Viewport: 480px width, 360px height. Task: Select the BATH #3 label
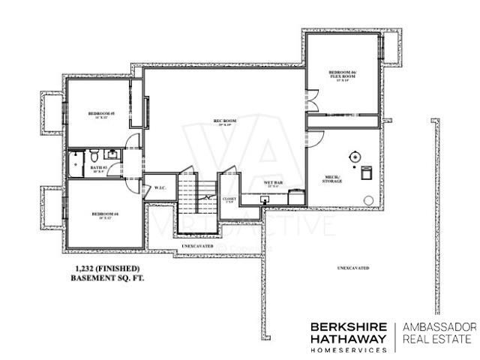coord(98,169)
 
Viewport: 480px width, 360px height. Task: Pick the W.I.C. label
coord(159,187)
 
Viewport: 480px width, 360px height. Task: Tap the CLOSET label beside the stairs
coord(229,199)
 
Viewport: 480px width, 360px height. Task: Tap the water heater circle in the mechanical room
coord(354,156)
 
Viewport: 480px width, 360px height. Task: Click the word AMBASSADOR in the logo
coord(439,327)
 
